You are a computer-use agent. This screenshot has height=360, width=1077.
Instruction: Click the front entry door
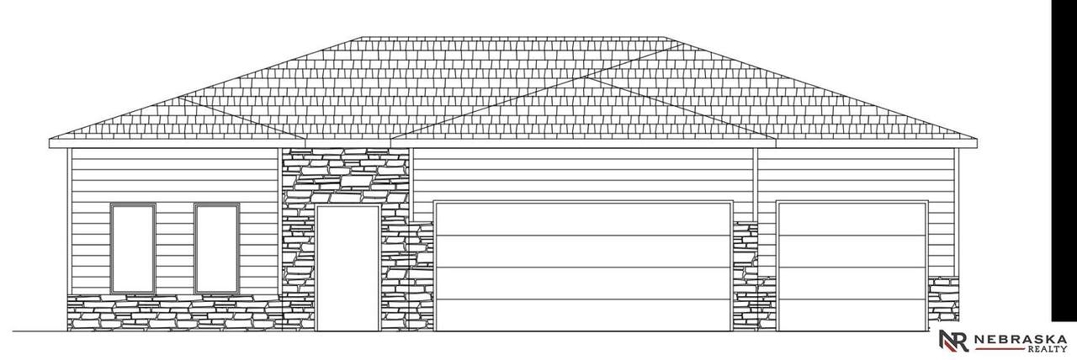348,267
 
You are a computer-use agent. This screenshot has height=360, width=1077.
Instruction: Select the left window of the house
133,248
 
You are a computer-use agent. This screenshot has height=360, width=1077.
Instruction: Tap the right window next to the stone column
217,248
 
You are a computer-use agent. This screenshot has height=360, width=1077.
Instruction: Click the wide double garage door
583,267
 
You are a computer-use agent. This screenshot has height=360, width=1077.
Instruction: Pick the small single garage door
852,267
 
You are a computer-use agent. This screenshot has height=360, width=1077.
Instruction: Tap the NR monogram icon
954,341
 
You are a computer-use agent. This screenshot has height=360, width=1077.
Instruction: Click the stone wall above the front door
345,176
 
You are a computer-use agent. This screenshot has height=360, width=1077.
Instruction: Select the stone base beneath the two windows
174,313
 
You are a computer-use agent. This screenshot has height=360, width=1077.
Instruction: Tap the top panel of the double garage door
583,220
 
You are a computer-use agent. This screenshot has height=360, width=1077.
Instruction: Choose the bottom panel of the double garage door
583,315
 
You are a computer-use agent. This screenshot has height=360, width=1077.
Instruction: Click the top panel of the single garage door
852,220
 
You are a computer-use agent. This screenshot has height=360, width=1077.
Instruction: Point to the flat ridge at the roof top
513,36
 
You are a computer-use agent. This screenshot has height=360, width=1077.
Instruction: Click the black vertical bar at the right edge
1064,161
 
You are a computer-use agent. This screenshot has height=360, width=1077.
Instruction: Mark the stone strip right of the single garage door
943,304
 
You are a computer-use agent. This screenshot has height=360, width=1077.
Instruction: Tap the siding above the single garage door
856,174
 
